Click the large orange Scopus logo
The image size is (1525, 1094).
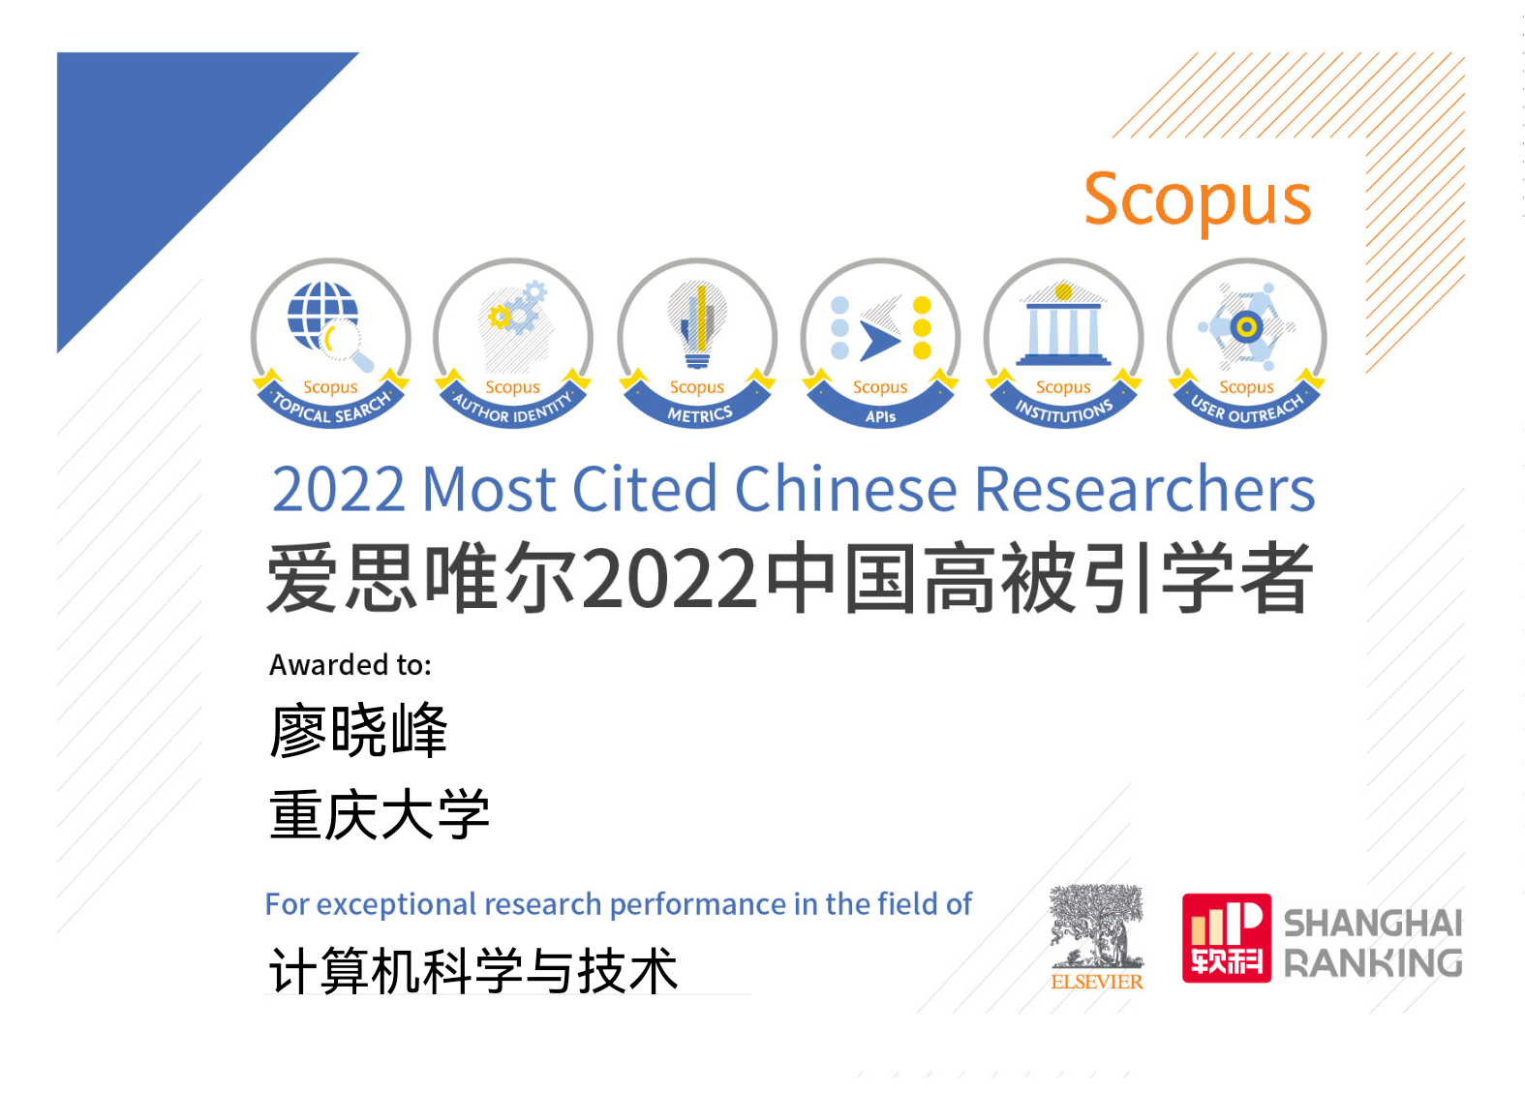pos(1198,201)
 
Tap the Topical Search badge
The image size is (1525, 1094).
pos(331,344)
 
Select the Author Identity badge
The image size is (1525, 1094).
pos(513,344)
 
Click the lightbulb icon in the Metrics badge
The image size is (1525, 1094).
pos(697,324)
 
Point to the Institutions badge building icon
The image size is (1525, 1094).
pos(1063,325)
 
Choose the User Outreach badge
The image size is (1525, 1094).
pos(1246,344)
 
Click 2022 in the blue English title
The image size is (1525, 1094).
pos(338,489)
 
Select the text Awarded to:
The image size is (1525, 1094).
pos(350,664)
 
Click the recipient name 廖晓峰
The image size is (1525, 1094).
pos(358,731)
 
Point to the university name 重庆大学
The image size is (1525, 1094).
pos(380,814)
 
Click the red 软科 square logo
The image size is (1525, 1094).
pos(1226,938)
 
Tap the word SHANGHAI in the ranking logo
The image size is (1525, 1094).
pos(1373,924)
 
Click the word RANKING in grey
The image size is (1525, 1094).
pos(1373,963)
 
